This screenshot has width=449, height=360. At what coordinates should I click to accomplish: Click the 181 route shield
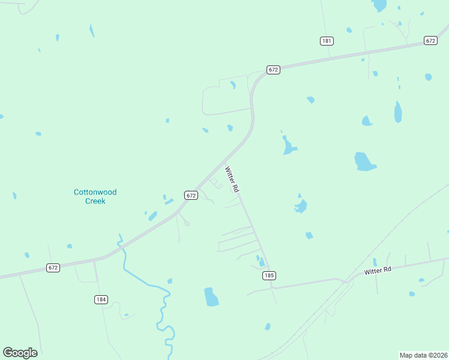[327, 41]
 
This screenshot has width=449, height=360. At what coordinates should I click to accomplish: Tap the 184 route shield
[101, 299]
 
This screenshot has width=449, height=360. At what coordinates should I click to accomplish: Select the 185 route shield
[268, 275]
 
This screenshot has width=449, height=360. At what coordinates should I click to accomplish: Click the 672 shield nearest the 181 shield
[430, 40]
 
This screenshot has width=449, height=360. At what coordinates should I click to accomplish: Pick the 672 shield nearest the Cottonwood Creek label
[191, 195]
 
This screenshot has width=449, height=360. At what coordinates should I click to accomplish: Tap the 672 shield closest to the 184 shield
[53, 268]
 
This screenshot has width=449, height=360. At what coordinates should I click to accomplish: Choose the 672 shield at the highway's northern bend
[273, 70]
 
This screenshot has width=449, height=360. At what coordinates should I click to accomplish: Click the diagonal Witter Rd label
[232, 179]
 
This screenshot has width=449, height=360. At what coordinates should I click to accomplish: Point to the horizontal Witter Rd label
[378, 271]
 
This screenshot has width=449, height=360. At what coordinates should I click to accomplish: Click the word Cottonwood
[95, 192]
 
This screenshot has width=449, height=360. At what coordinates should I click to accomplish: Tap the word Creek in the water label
[95, 201]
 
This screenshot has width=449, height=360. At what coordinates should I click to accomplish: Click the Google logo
[20, 353]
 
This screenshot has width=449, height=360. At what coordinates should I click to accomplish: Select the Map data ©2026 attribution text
[423, 355]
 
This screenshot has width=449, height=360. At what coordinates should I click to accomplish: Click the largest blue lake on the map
[364, 161]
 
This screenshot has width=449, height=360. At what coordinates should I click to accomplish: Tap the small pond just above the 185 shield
[261, 262]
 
